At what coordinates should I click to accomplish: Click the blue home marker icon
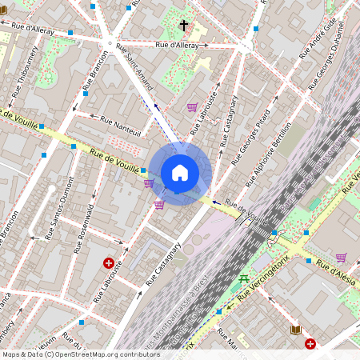(x=180, y=173)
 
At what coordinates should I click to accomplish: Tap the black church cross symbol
(x=184, y=26)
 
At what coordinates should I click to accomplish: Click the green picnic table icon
(x=243, y=278)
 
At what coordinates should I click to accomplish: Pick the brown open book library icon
(x=295, y=330)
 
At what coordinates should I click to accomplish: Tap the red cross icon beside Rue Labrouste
(x=108, y=262)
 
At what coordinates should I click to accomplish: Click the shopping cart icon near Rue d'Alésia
(x=342, y=258)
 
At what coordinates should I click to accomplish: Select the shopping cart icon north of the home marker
(x=192, y=106)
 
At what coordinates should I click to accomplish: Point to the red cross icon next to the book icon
(x=310, y=344)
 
